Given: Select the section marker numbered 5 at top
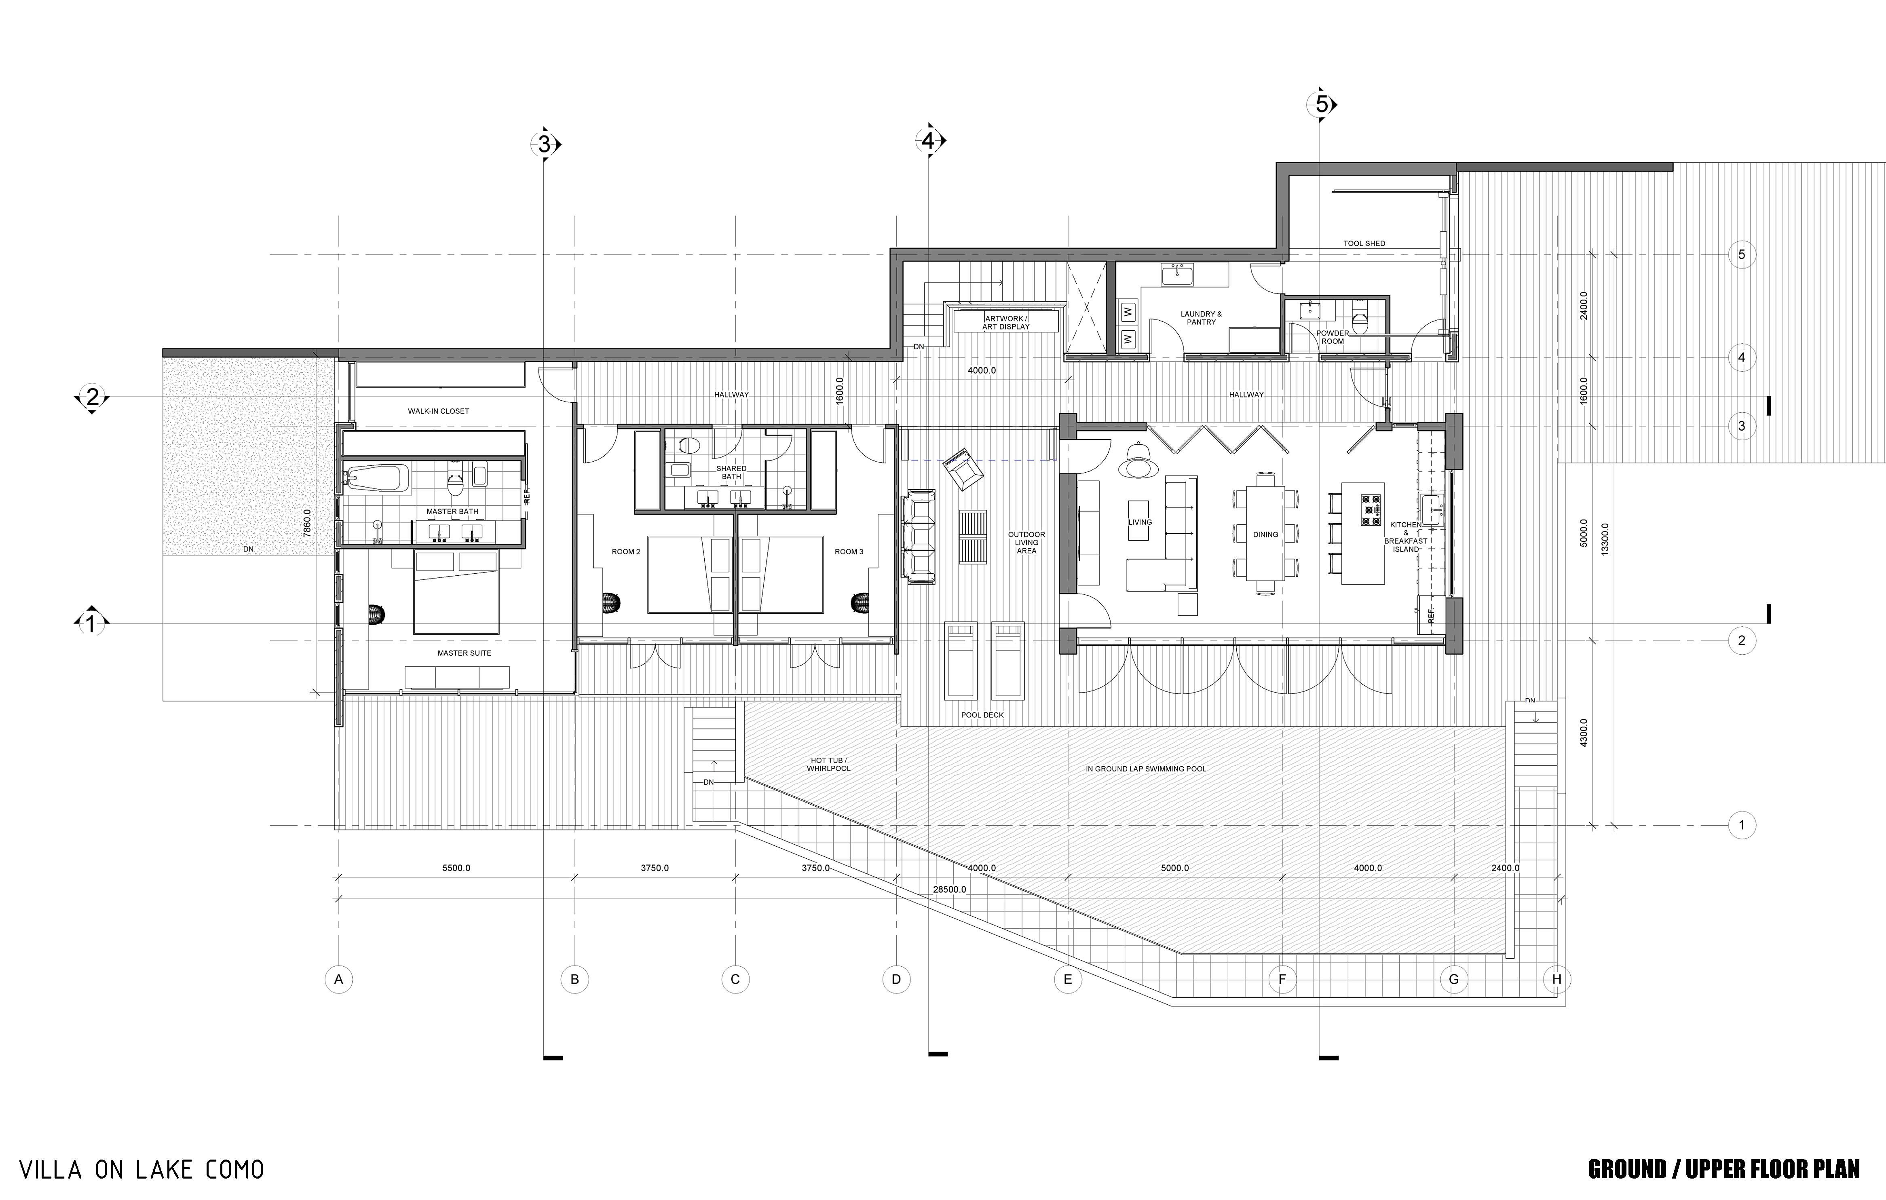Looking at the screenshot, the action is tap(1322, 104).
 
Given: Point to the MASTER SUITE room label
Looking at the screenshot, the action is tap(465, 653).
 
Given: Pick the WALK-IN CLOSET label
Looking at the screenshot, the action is tap(439, 410).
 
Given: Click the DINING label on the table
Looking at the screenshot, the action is tap(1266, 534).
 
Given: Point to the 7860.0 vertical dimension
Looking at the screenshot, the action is tap(307, 522).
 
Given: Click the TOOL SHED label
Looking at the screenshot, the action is tap(1364, 244).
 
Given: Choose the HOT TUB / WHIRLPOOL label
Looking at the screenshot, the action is tap(829, 765).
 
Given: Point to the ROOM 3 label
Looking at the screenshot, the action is tap(849, 551).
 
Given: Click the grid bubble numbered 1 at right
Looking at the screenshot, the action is tap(1742, 825).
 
